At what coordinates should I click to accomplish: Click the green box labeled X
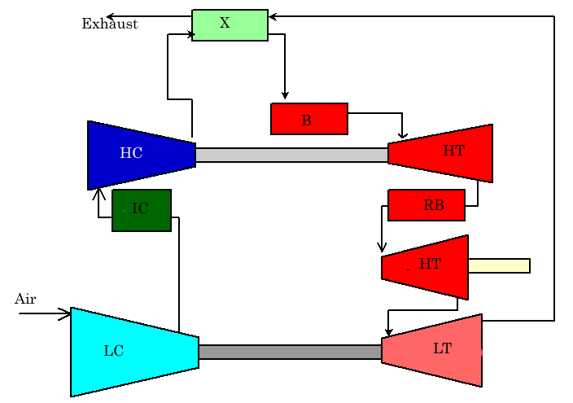tap(230, 25)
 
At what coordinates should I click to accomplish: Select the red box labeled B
tap(309, 119)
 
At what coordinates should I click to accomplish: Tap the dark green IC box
tap(142, 210)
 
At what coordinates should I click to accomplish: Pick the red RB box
tap(426, 205)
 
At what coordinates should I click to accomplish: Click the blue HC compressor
tap(142, 155)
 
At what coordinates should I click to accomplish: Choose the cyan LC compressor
tap(134, 352)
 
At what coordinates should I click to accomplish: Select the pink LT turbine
tap(432, 350)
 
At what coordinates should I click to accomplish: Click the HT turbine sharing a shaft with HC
tap(440, 153)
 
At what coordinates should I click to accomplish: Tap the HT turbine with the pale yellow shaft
tap(425, 267)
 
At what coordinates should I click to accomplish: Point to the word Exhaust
tap(110, 24)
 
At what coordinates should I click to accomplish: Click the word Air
tap(25, 299)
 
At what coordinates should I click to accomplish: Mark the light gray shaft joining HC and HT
tap(292, 155)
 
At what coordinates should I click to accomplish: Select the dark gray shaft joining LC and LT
tap(290, 352)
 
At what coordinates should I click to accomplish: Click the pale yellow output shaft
tap(499, 266)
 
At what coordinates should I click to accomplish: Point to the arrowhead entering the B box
tap(285, 95)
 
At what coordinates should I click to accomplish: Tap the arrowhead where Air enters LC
tap(65, 313)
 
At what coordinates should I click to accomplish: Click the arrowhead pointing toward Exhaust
tap(111, 16)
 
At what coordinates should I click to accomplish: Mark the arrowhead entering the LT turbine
tap(388, 332)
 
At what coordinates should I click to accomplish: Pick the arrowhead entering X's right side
tap(273, 16)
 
